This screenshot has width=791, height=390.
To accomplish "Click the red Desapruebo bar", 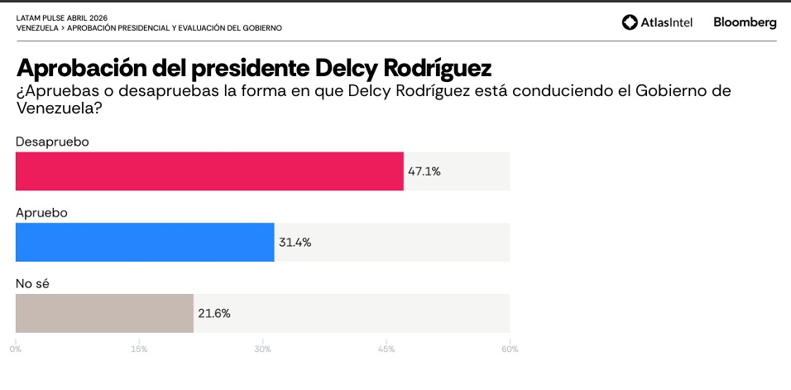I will (209, 171).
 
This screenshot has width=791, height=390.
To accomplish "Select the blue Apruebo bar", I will (145, 242).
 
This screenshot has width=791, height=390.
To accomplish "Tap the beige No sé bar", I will (104, 313).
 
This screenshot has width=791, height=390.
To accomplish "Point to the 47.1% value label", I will (424, 171).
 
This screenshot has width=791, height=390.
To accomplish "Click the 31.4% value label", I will (295, 243).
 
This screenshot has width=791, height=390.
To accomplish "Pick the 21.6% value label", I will (214, 314).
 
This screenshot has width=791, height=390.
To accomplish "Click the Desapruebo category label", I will (52, 142).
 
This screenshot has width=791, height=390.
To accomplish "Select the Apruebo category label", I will (41, 213).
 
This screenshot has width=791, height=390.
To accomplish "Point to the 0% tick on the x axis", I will (16, 349).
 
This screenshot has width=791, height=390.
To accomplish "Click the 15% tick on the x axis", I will (139, 349).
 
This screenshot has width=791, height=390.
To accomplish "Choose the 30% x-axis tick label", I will (262, 349).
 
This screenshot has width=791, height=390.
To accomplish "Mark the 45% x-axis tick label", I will (386, 349).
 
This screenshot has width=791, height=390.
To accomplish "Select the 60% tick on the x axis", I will (510, 349).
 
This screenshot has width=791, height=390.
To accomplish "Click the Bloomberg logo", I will (745, 22).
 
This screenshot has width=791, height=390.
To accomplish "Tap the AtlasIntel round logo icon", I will (630, 22).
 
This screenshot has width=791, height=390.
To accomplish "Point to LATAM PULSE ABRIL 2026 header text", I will (61, 17).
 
